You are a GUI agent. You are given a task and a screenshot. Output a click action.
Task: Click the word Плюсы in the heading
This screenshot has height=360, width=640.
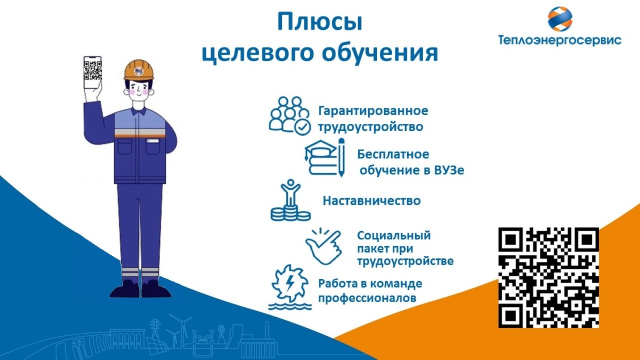[x=319, y=22]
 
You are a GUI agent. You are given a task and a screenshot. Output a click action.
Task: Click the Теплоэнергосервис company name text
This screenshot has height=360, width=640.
[x=559, y=40]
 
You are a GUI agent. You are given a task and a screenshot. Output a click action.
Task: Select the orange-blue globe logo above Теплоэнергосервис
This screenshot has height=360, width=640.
[x=560, y=19]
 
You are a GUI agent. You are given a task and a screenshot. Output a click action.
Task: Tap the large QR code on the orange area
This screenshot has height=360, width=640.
[x=549, y=277]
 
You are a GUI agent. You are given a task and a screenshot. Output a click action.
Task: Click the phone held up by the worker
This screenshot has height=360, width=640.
[x=92, y=73]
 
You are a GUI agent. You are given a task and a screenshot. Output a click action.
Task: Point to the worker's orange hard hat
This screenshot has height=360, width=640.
[x=138, y=70]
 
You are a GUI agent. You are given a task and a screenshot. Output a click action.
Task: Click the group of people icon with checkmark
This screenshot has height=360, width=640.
[x=290, y=116]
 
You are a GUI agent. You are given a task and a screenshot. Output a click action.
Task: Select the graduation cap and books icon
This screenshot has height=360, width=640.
[x=325, y=157]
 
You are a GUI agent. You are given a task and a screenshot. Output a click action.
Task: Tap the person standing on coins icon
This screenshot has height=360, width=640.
[x=291, y=201]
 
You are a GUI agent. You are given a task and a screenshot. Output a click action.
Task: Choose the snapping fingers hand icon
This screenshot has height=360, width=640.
[x=324, y=247]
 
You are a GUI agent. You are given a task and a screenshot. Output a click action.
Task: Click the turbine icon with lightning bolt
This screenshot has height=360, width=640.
[x=290, y=287]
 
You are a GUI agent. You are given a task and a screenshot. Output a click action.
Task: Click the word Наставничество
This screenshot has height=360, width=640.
[x=372, y=201]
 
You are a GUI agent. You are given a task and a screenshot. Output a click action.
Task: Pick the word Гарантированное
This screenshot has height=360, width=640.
[x=373, y=111]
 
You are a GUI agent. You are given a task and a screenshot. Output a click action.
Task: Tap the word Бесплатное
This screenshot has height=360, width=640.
[x=393, y=154]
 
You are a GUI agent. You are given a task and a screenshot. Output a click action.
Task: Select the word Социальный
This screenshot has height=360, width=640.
[x=394, y=236]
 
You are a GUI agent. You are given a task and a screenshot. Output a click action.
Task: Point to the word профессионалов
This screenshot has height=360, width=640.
[x=367, y=298]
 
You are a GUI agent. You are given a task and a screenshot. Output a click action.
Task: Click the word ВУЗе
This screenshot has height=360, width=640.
[x=449, y=170]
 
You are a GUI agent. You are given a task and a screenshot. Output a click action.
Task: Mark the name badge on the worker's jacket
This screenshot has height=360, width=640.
[x=153, y=141]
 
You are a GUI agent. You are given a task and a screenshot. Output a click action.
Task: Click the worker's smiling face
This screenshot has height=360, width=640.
[x=138, y=90]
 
